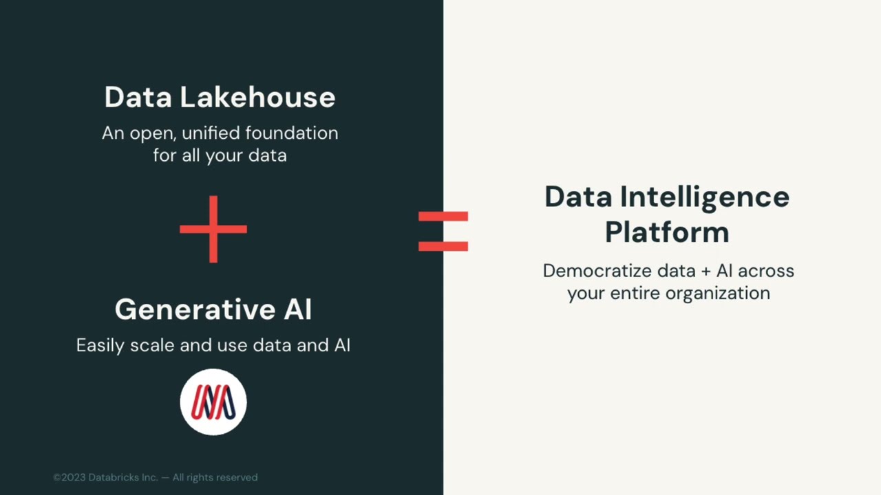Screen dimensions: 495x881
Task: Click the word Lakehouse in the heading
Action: (x=257, y=98)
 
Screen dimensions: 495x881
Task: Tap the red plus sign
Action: (x=213, y=229)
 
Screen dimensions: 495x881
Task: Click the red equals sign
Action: (x=443, y=231)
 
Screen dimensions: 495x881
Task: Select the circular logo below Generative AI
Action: (x=213, y=402)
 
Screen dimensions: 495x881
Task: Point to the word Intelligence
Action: (x=704, y=197)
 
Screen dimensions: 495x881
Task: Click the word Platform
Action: (x=667, y=232)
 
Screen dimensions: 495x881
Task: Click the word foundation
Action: (x=292, y=133)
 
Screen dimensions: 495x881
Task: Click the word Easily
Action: (x=101, y=346)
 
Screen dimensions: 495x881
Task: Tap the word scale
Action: (x=154, y=346)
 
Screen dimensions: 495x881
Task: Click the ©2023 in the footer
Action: (x=69, y=477)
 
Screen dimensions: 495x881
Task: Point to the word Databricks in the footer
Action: (x=114, y=477)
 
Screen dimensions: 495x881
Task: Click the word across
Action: (x=766, y=271)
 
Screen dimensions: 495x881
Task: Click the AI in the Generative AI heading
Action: (x=297, y=310)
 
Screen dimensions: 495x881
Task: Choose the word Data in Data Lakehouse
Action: (x=138, y=98)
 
